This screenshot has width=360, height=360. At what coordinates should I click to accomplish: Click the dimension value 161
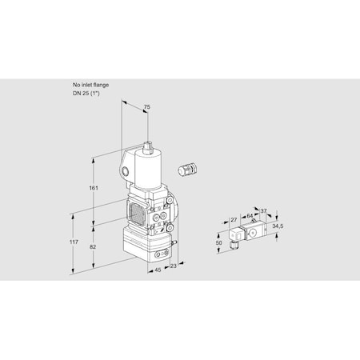click(94, 188)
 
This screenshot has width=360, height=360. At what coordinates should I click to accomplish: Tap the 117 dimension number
click(74, 242)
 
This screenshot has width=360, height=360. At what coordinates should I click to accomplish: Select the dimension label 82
click(93, 247)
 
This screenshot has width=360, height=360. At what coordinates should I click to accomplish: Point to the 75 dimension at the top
click(147, 107)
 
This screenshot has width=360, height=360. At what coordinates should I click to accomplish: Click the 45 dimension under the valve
click(158, 270)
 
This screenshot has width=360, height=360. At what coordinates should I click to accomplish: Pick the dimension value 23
click(174, 266)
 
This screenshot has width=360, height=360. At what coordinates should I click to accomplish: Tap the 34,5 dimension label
click(278, 226)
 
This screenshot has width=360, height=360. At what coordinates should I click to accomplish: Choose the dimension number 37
click(263, 211)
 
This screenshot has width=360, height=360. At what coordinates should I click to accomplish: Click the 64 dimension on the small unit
click(250, 216)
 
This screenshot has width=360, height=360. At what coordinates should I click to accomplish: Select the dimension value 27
click(234, 220)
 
